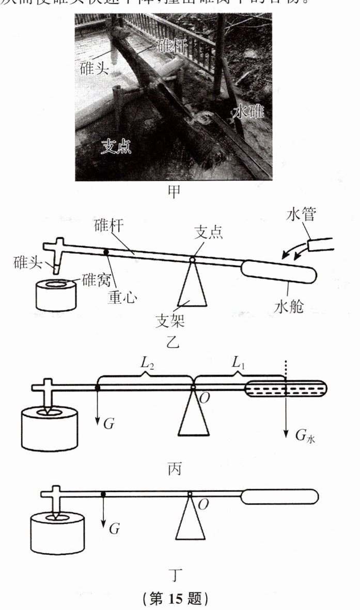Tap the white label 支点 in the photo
116,147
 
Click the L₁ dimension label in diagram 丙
238,363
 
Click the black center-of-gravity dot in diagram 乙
106,252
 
